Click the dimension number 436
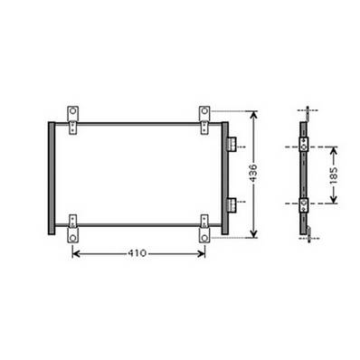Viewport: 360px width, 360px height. pos(261,175)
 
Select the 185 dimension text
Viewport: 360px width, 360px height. pos(334,175)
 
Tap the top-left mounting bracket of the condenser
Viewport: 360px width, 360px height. pos(72,115)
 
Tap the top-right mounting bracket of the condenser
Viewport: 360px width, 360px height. pos(205,115)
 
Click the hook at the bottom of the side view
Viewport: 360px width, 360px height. pos(310,236)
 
